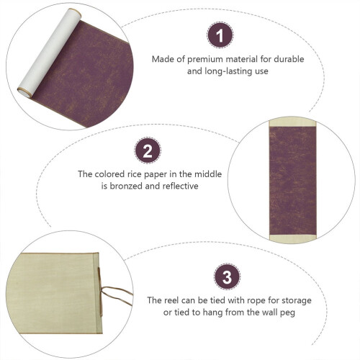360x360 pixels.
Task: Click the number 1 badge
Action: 220,35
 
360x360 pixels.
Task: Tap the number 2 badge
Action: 148,150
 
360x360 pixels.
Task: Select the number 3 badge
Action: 227,277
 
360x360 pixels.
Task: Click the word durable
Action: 289,59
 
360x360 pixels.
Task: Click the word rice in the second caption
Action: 138,174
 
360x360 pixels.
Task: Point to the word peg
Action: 287,313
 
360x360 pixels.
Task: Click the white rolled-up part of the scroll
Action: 49,53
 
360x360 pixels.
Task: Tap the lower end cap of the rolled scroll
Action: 24,92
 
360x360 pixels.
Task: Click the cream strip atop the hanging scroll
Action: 292,122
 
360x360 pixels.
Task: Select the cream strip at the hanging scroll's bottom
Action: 293,238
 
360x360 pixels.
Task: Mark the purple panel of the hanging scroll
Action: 292,181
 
